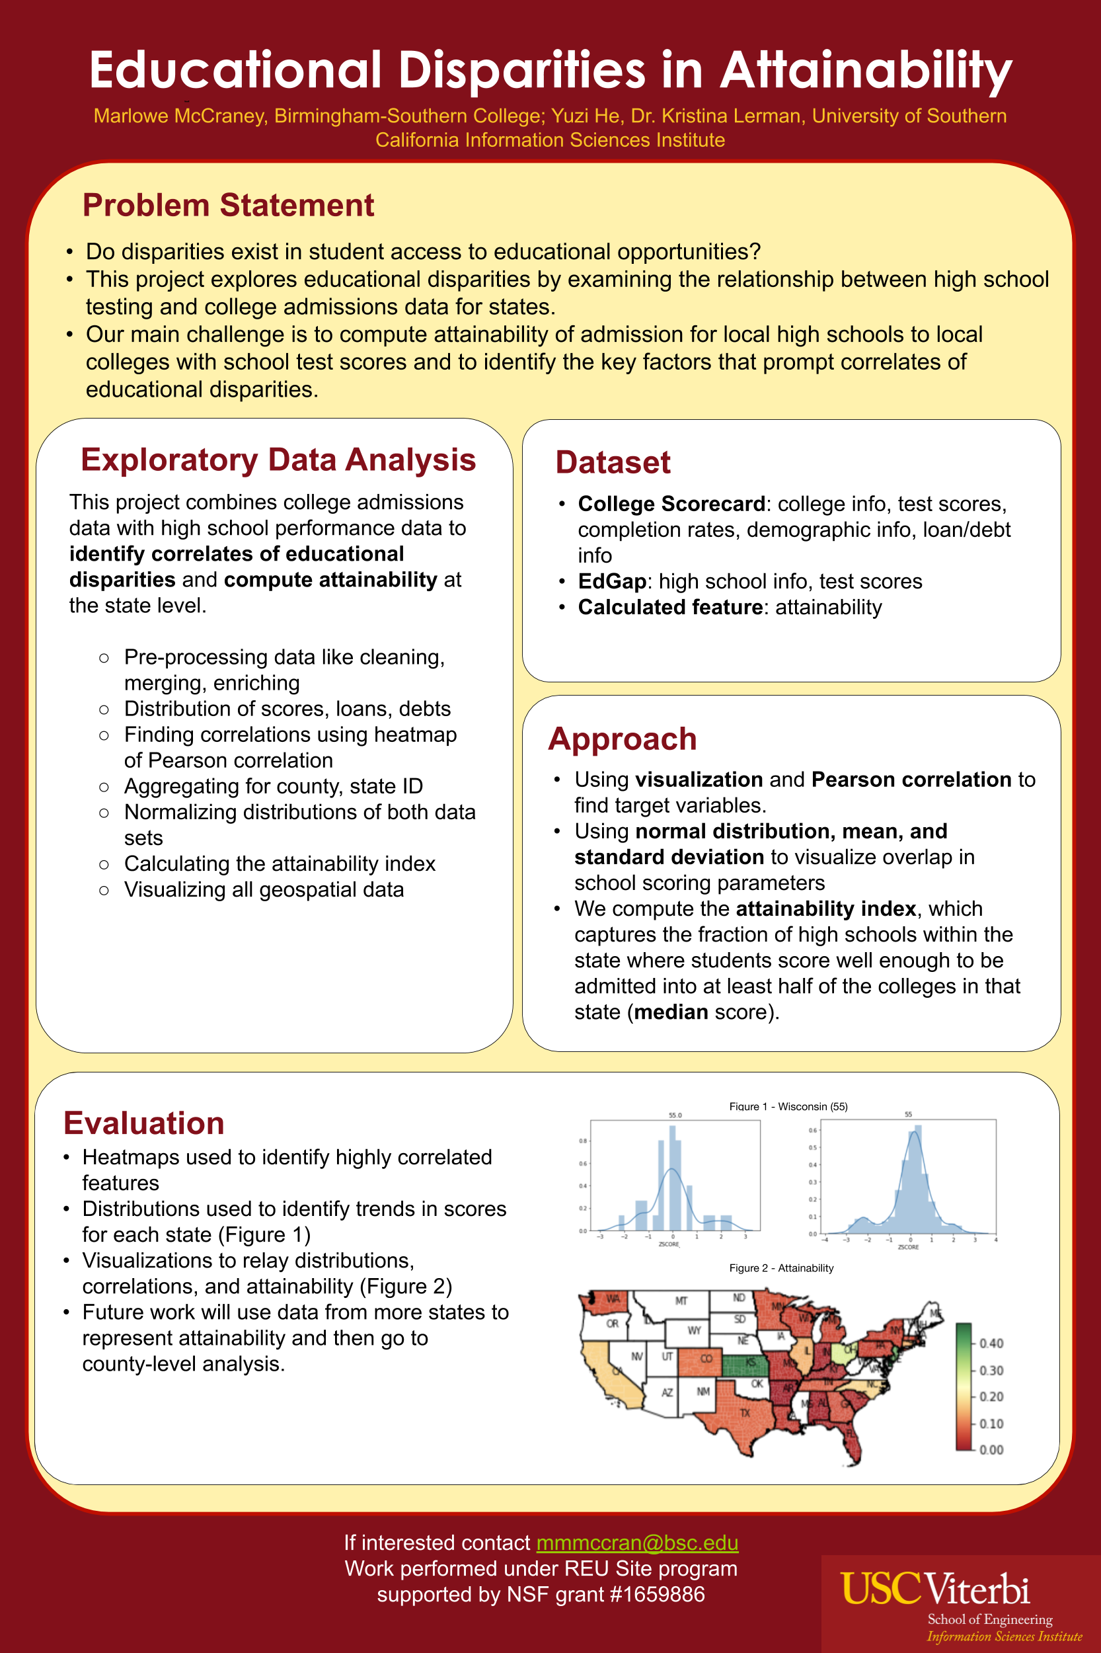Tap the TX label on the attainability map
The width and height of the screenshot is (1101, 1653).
click(x=745, y=1413)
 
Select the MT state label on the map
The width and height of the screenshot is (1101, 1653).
click(x=681, y=1301)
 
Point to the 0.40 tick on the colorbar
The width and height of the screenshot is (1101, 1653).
click(x=991, y=1343)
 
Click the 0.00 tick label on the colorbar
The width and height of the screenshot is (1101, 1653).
click(x=991, y=1449)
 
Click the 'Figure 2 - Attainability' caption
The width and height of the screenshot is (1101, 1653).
click(x=781, y=1268)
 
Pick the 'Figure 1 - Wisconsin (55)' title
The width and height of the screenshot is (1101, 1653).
click(x=788, y=1106)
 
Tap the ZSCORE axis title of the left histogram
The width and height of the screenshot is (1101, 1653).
click(x=669, y=1245)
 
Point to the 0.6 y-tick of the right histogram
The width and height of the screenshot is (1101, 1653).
click(x=812, y=1131)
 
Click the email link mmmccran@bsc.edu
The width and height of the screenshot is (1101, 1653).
click(x=637, y=1543)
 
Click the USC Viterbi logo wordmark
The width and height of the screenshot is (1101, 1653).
click(x=935, y=1590)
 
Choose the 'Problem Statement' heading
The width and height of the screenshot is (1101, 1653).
click(x=227, y=205)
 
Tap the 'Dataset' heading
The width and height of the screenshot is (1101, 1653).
click(x=612, y=462)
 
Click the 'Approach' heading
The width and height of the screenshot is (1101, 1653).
click(x=622, y=739)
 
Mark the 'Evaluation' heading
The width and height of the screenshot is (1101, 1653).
click(x=143, y=1123)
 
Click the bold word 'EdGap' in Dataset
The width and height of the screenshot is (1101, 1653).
click(x=611, y=581)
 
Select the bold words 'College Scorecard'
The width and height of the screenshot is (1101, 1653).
click(x=671, y=504)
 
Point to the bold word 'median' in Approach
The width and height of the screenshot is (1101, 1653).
click(x=671, y=1012)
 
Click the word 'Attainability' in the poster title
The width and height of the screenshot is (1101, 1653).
click(x=865, y=70)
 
